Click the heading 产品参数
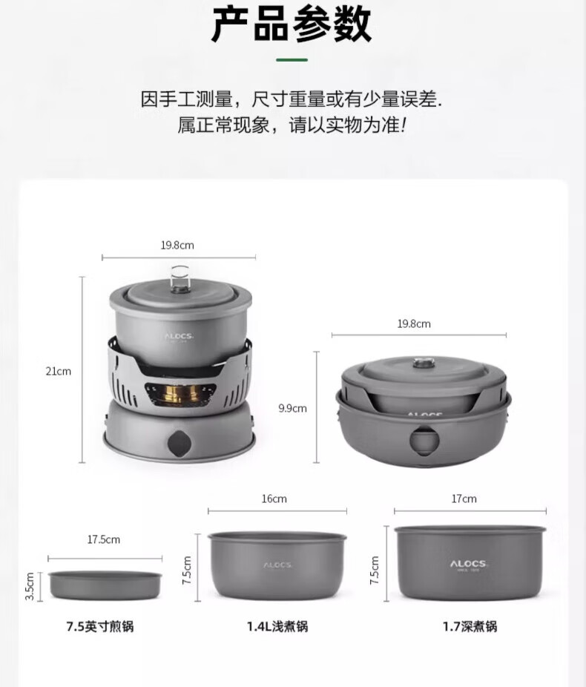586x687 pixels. pos(292,24)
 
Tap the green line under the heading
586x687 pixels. pos(292,59)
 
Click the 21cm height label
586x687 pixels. pos(59,371)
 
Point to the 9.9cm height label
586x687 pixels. pos(292,408)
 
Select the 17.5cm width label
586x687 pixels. pos(103,539)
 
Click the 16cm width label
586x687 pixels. pos(274,499)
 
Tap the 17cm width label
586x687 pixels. pos(464,499)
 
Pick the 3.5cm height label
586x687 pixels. pos(30,586)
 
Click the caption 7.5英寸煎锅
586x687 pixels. pos(100,627)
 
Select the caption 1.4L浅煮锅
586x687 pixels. pos(277,627)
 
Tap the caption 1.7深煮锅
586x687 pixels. pos(470,627)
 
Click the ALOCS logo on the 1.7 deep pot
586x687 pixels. pos(468,565)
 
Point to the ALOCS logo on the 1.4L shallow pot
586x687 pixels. pos(277,565)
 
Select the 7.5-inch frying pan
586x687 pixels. pos(105,585)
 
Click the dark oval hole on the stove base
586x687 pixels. pos(179,444)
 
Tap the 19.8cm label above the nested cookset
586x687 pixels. pos(414,323)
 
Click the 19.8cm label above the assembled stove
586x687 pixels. pos(177,245)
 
